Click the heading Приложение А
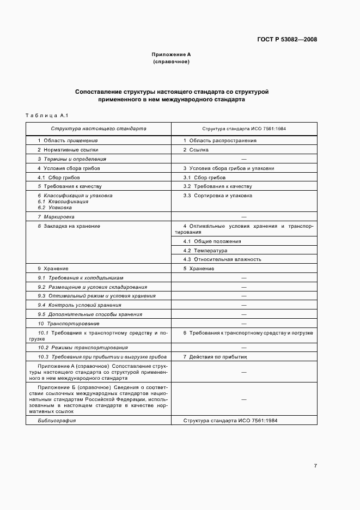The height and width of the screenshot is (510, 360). coord(171,55)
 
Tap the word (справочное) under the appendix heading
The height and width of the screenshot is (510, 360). coord(171,62)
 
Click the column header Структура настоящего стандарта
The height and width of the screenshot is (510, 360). coord(99,129)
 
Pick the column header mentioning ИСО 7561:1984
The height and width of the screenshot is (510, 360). coord(244,129)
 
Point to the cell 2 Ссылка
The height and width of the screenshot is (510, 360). coord(196,150)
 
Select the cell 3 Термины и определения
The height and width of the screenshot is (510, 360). coord(72,159)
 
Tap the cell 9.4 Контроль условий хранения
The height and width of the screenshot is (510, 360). coord(80,305)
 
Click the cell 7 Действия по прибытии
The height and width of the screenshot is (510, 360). coord(215,356)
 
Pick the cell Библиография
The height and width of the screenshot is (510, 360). coord(57,421)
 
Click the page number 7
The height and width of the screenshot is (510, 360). coord(315,466)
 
